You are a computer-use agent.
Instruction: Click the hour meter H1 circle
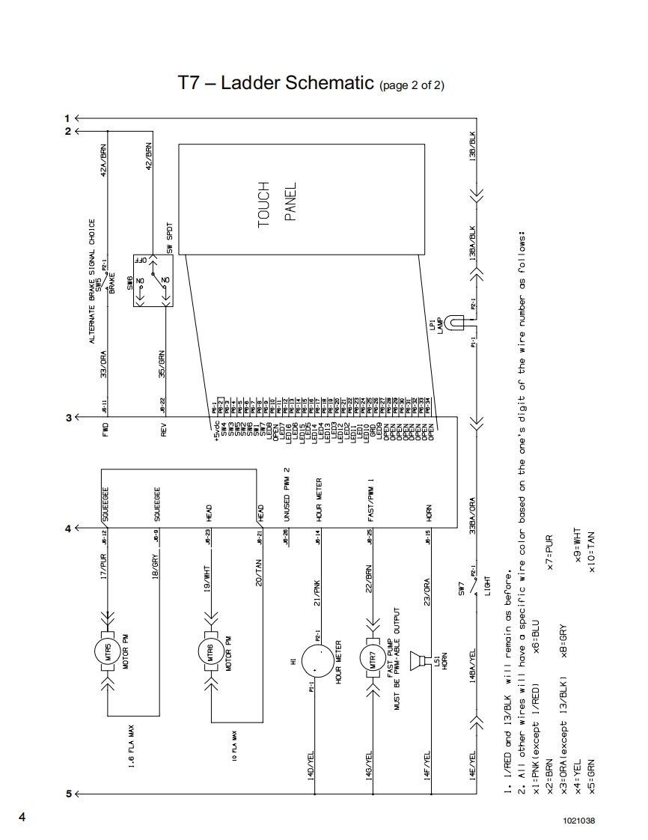317,660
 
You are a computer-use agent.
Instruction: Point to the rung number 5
68,793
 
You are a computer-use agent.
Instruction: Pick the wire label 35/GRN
161,361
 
